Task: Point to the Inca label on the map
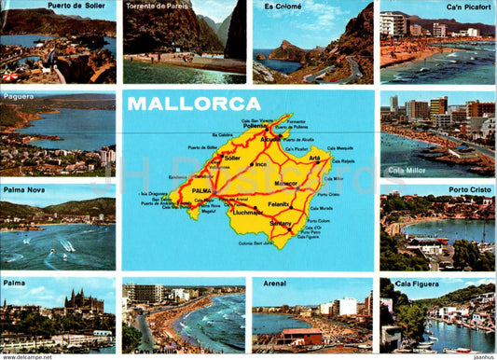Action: tap(262, 165)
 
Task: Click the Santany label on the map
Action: tap(280, 224)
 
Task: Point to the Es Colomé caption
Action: tap(283, 6)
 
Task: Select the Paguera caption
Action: tap(19, 95)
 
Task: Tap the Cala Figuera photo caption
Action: tap(415, 283)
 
